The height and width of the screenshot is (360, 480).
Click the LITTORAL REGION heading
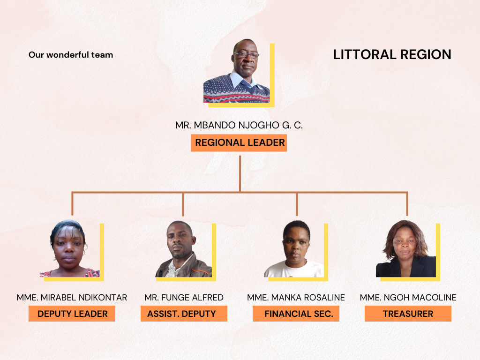[x=392, y=55]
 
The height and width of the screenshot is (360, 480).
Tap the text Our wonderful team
[x=71, y=55]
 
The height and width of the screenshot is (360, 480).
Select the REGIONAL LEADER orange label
[x=240, y=142]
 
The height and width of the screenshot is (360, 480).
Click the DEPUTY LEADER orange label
[x=72, y=314]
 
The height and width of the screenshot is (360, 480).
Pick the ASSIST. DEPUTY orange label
[x=184, y=314]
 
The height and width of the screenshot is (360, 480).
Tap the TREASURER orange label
[x=408, y=314]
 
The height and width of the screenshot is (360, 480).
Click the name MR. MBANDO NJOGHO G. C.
[x=240, y=126]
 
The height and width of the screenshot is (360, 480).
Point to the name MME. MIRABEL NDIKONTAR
[x=72, y=298]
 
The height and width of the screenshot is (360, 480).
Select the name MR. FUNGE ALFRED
[x=184, y=298]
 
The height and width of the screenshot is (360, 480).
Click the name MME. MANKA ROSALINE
[x=296, y=298]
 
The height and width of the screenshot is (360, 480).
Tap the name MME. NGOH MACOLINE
[x=408, y=298]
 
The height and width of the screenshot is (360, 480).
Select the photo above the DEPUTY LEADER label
[x=69, y=249]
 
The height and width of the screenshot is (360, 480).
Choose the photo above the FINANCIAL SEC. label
[x=294, y=249]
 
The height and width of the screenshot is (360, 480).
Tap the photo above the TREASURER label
[x=405, y=249]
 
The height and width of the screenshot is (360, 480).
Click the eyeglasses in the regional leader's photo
[x=246, y=55]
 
